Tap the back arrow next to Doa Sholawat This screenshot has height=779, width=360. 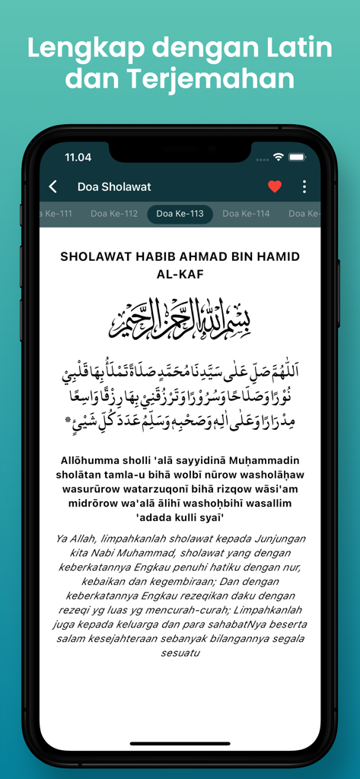[x=53, y=186]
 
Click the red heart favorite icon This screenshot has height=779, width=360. [x=275, y=186]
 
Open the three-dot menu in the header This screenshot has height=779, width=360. [x=304, y=186]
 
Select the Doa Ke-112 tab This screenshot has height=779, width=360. [x=114, y=214]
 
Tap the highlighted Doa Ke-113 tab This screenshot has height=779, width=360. [x=180, y=214]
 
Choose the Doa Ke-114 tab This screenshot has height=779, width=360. [x=246, y=214]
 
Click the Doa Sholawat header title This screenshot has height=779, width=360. [x=114, y=186]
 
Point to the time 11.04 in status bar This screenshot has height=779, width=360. [x=78, y=157]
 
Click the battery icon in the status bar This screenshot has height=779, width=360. [x=297, y=157]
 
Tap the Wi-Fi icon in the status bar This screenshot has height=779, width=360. [x=279, y=157]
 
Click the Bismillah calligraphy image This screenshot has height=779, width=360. [x=180, y=317]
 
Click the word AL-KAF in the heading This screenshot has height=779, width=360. [x=180, y=274]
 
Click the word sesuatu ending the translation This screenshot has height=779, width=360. [x=180, y=653]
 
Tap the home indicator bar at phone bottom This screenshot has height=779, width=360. [x=180, y=743]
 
